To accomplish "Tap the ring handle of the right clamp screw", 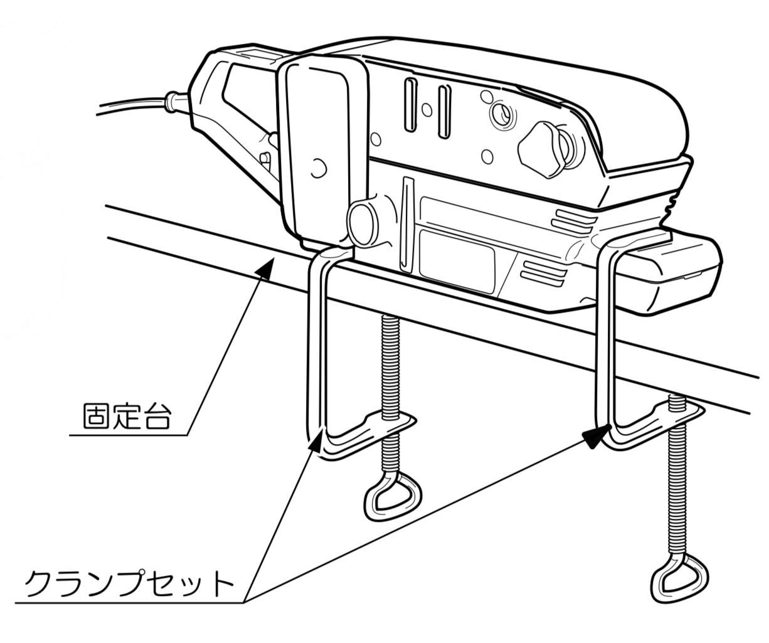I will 680,577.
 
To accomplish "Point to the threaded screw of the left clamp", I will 390,364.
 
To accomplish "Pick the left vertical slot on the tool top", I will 411,105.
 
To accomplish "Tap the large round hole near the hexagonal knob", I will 501,114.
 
